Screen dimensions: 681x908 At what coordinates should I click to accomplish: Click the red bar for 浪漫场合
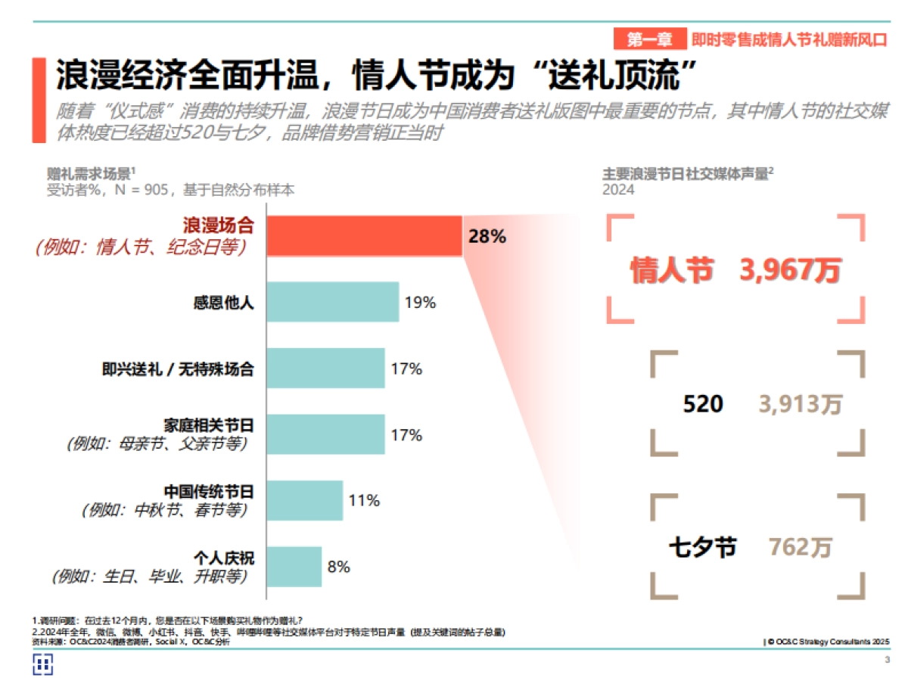[364, 235]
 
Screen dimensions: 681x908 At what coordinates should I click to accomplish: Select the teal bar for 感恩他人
[332, 303]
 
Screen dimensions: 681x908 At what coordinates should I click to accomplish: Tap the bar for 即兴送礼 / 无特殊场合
[325, 368]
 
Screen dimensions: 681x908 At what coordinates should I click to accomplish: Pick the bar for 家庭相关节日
[325, 434]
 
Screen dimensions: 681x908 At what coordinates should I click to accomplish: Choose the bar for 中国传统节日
[304, 500]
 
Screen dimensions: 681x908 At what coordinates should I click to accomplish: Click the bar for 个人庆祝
[294, 566]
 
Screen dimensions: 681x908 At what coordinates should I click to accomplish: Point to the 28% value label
[487, 236]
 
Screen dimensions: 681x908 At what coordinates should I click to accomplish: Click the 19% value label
[420, 303]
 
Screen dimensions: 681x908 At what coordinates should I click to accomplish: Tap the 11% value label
[363, 500]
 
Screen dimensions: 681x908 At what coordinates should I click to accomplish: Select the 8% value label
[338, 566]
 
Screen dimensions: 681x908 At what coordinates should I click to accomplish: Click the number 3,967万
[790, 270]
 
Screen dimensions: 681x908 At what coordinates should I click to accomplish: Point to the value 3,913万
[801, 404]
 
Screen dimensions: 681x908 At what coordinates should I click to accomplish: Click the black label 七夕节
[702, 547]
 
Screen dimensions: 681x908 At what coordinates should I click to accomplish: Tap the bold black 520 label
[703, 404]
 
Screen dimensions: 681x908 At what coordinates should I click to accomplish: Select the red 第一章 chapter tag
[650, 39]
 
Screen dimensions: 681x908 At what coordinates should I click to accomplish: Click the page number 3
[887, 661]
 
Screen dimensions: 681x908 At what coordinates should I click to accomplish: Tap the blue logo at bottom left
[42, 664]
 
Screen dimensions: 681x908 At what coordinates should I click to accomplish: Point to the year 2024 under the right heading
[618, 190]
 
